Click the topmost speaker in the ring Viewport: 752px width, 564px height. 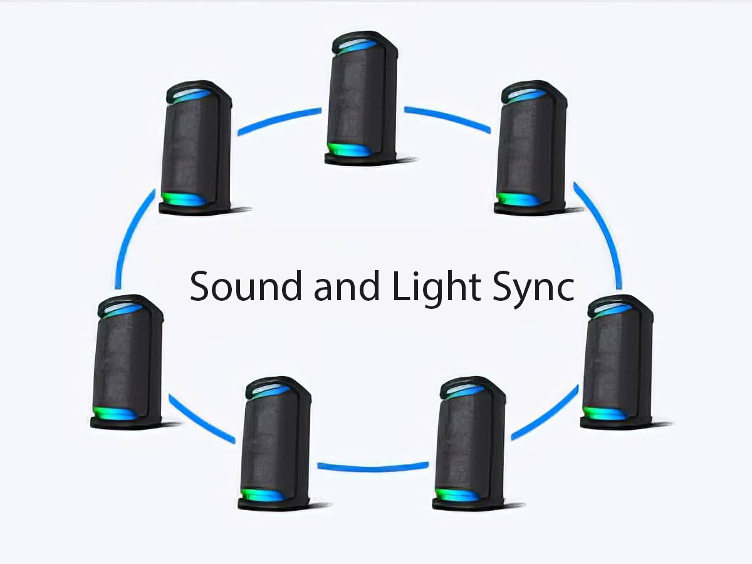pos(362,97)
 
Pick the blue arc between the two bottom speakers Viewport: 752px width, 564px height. pos(373,466)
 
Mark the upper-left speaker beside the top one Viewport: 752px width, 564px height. pos(196,148)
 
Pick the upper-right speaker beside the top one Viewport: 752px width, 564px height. pos(531,148)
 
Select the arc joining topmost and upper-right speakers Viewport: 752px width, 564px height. pos(447,118)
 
